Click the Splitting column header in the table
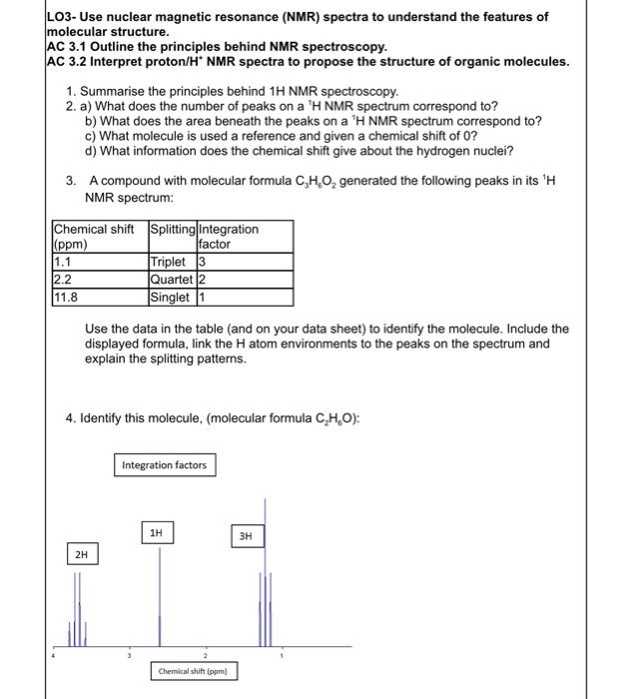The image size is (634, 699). [172, 230]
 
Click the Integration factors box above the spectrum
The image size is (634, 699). [164, 465]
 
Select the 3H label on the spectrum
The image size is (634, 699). [247, 536]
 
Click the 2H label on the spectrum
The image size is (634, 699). [81, 552]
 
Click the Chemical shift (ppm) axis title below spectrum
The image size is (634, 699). [194, 671]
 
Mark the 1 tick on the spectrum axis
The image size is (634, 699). [281, 656]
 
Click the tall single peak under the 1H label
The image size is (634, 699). [160, 599]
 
